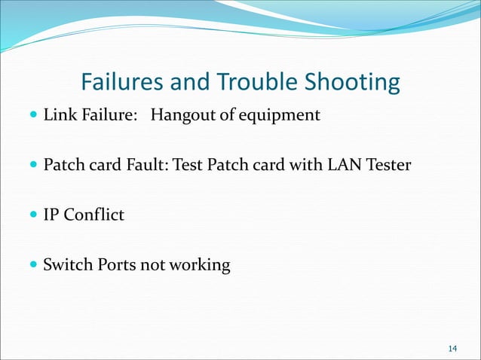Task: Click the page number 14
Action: pyautogui.click(x=452, y=348)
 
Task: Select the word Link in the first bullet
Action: pyautogui.click(x=58, y=116)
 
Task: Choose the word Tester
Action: pyautogui.click(x=388, y=166)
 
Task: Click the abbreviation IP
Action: pyautogui.click(x=51, y=215)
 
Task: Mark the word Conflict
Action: pyautogui.click(x=93, y=215)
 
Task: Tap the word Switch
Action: pyautogui.click(x=65, y=265)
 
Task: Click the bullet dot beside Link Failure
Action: pyautogui.click(x=31, y=116)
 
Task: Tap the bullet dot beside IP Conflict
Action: pyautogui.click(x=31, y=215)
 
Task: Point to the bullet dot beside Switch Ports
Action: pyautogui.click(x=31, y=265)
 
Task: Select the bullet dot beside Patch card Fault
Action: pyautogui.click(x=31, y=166)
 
